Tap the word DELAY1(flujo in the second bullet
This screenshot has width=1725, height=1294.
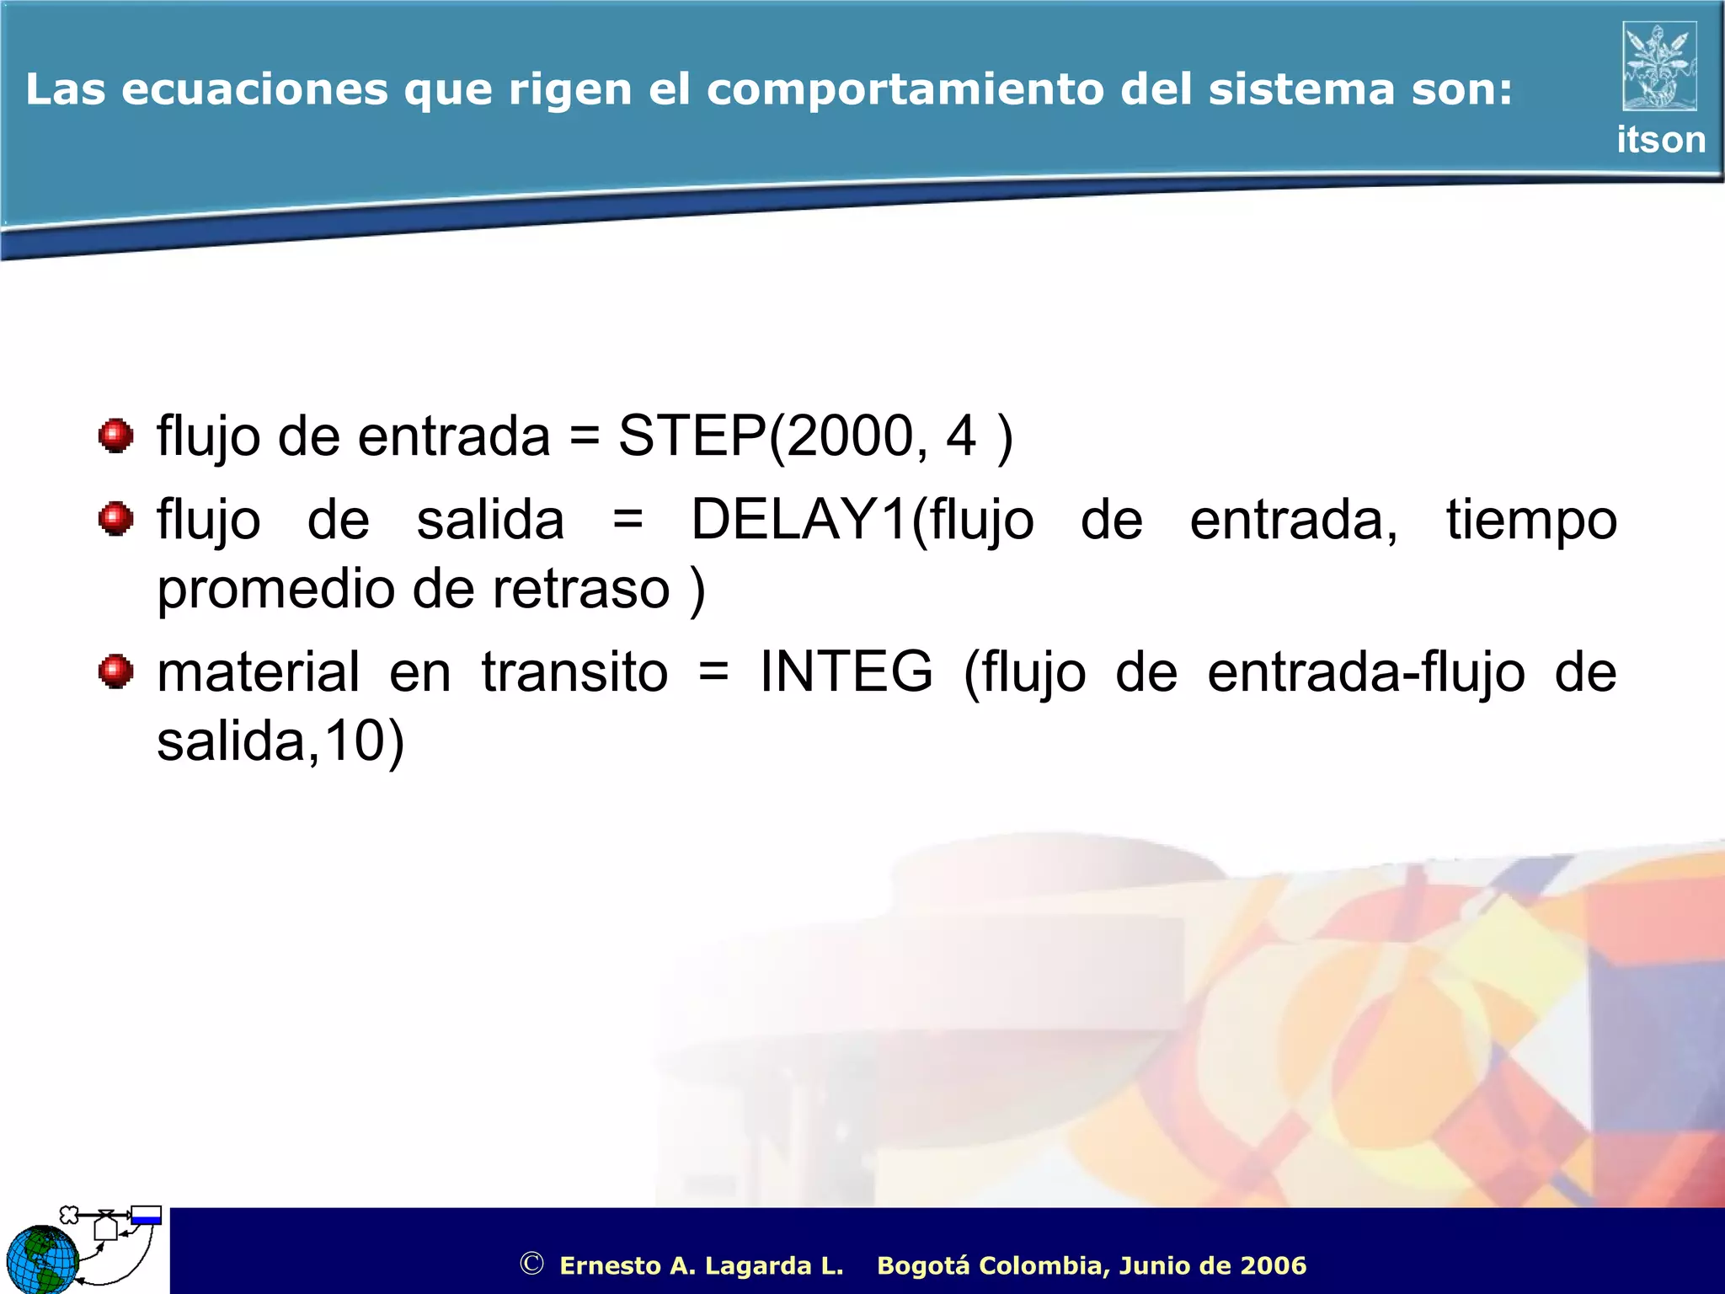coord(862,520)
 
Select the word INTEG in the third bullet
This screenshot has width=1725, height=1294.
coord(846,672)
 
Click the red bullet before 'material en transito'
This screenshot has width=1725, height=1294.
coord(115,671)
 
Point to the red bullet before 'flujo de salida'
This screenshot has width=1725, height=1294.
coord(115,519)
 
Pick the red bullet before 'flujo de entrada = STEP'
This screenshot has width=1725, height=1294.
coord(115,436)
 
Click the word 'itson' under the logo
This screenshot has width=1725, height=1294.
coord(1660,140)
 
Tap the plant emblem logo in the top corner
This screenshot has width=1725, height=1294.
coord(1659,66)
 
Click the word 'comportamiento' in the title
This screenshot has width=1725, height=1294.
coord(905,89)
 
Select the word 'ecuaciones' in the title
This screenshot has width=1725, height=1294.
coord(255,89)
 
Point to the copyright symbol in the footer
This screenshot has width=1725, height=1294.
coord(531,1264)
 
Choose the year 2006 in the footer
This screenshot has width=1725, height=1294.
coord(1273,1265)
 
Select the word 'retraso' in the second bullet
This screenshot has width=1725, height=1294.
coord(581,589)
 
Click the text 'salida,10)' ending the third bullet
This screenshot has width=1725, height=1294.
coord(280,741)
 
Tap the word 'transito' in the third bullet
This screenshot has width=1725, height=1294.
coord(574,672)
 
